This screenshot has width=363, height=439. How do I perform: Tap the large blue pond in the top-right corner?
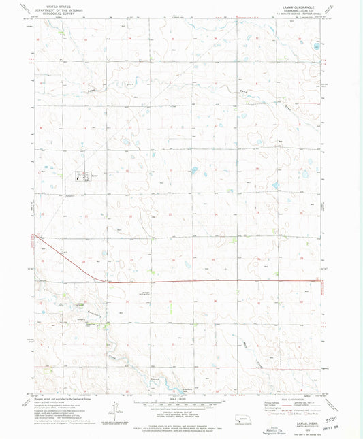point(316,47)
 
